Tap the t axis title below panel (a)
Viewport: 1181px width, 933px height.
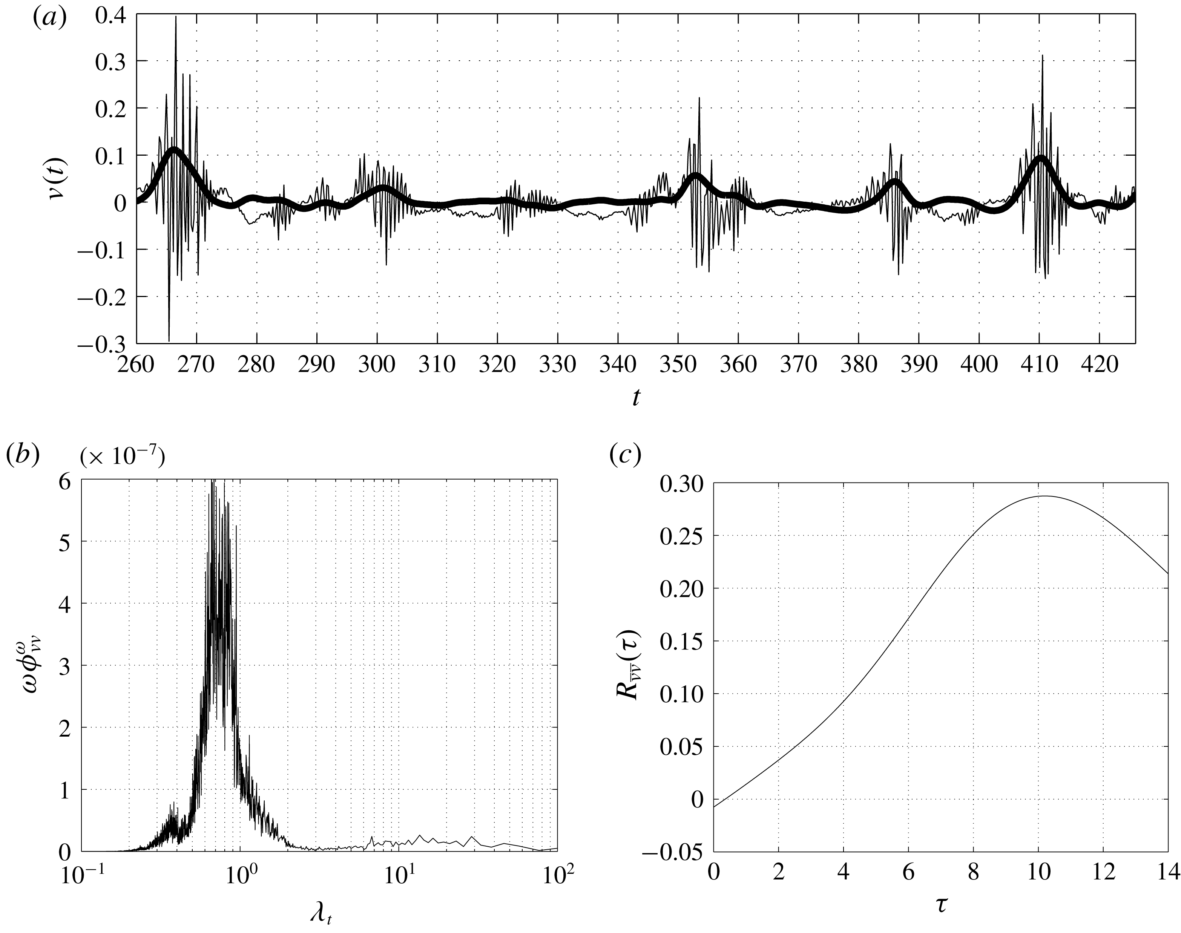[636, 398]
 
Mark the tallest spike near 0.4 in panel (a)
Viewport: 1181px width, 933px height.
[176, 17]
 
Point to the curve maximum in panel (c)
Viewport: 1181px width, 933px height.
[1043, 496]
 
